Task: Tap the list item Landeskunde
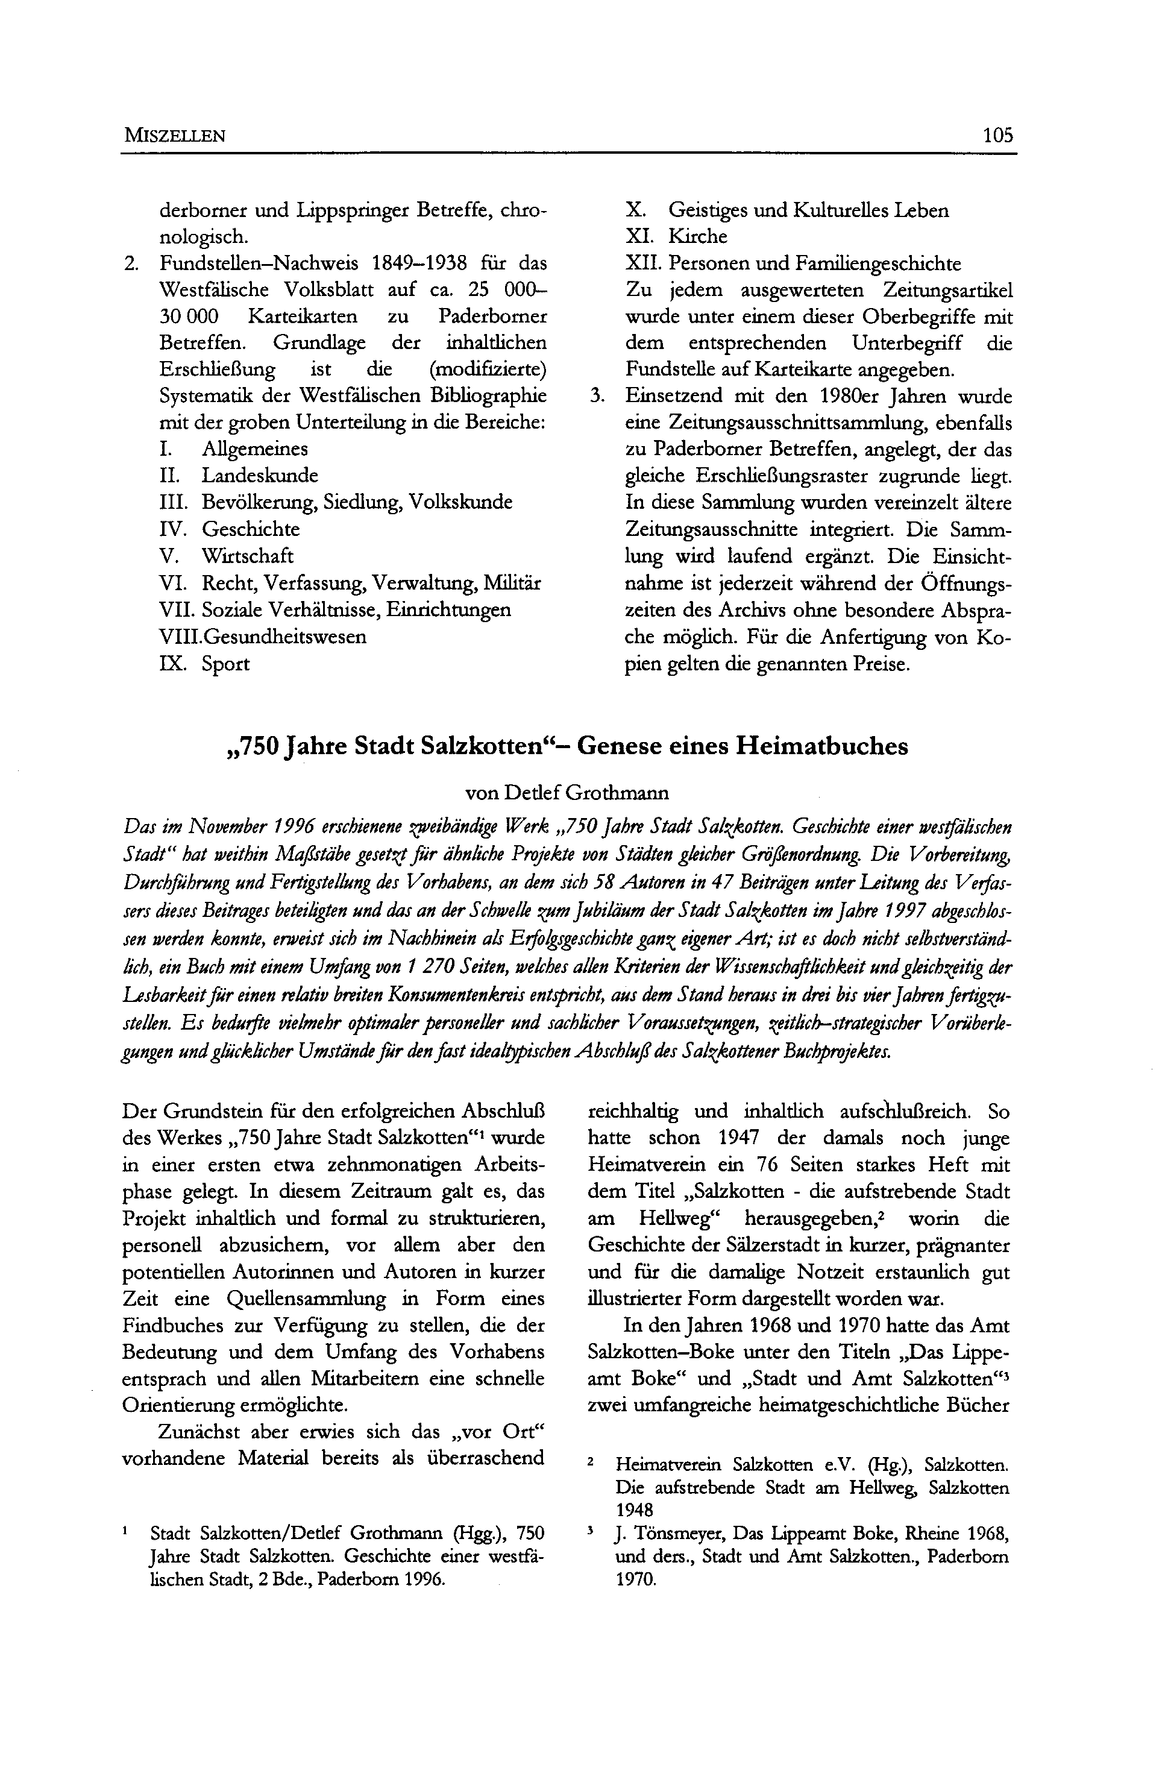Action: pos(259,476)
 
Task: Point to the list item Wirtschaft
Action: pos(247,556)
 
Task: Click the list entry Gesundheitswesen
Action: pos(285,637)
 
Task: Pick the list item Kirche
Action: pos(697,236)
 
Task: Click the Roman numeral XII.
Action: pos(643,263)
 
